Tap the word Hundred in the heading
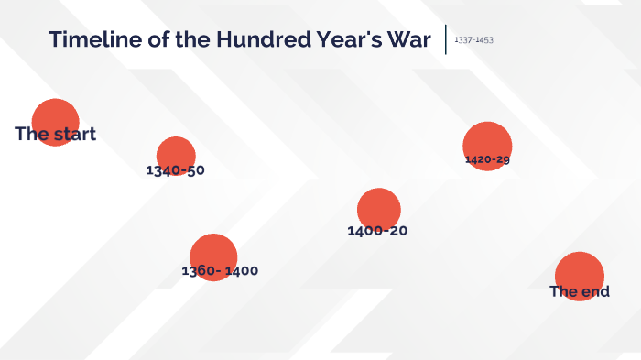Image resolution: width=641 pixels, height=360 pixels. (257, 40)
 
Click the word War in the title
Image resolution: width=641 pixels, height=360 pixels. (407, 40)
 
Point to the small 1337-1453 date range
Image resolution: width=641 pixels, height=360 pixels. (473, 40)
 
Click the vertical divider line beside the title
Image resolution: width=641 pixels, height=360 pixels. (446, 39)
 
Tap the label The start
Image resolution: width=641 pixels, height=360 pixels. (55, 135)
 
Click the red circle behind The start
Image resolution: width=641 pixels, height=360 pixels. (56, 115)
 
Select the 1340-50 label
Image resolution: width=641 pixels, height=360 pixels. (175, 170)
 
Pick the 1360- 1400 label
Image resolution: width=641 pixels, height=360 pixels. (220, 271)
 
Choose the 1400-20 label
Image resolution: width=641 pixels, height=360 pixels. (377, 231)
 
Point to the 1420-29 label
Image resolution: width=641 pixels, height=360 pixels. (487, 159)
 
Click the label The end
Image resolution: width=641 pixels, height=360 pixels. (580, 292)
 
